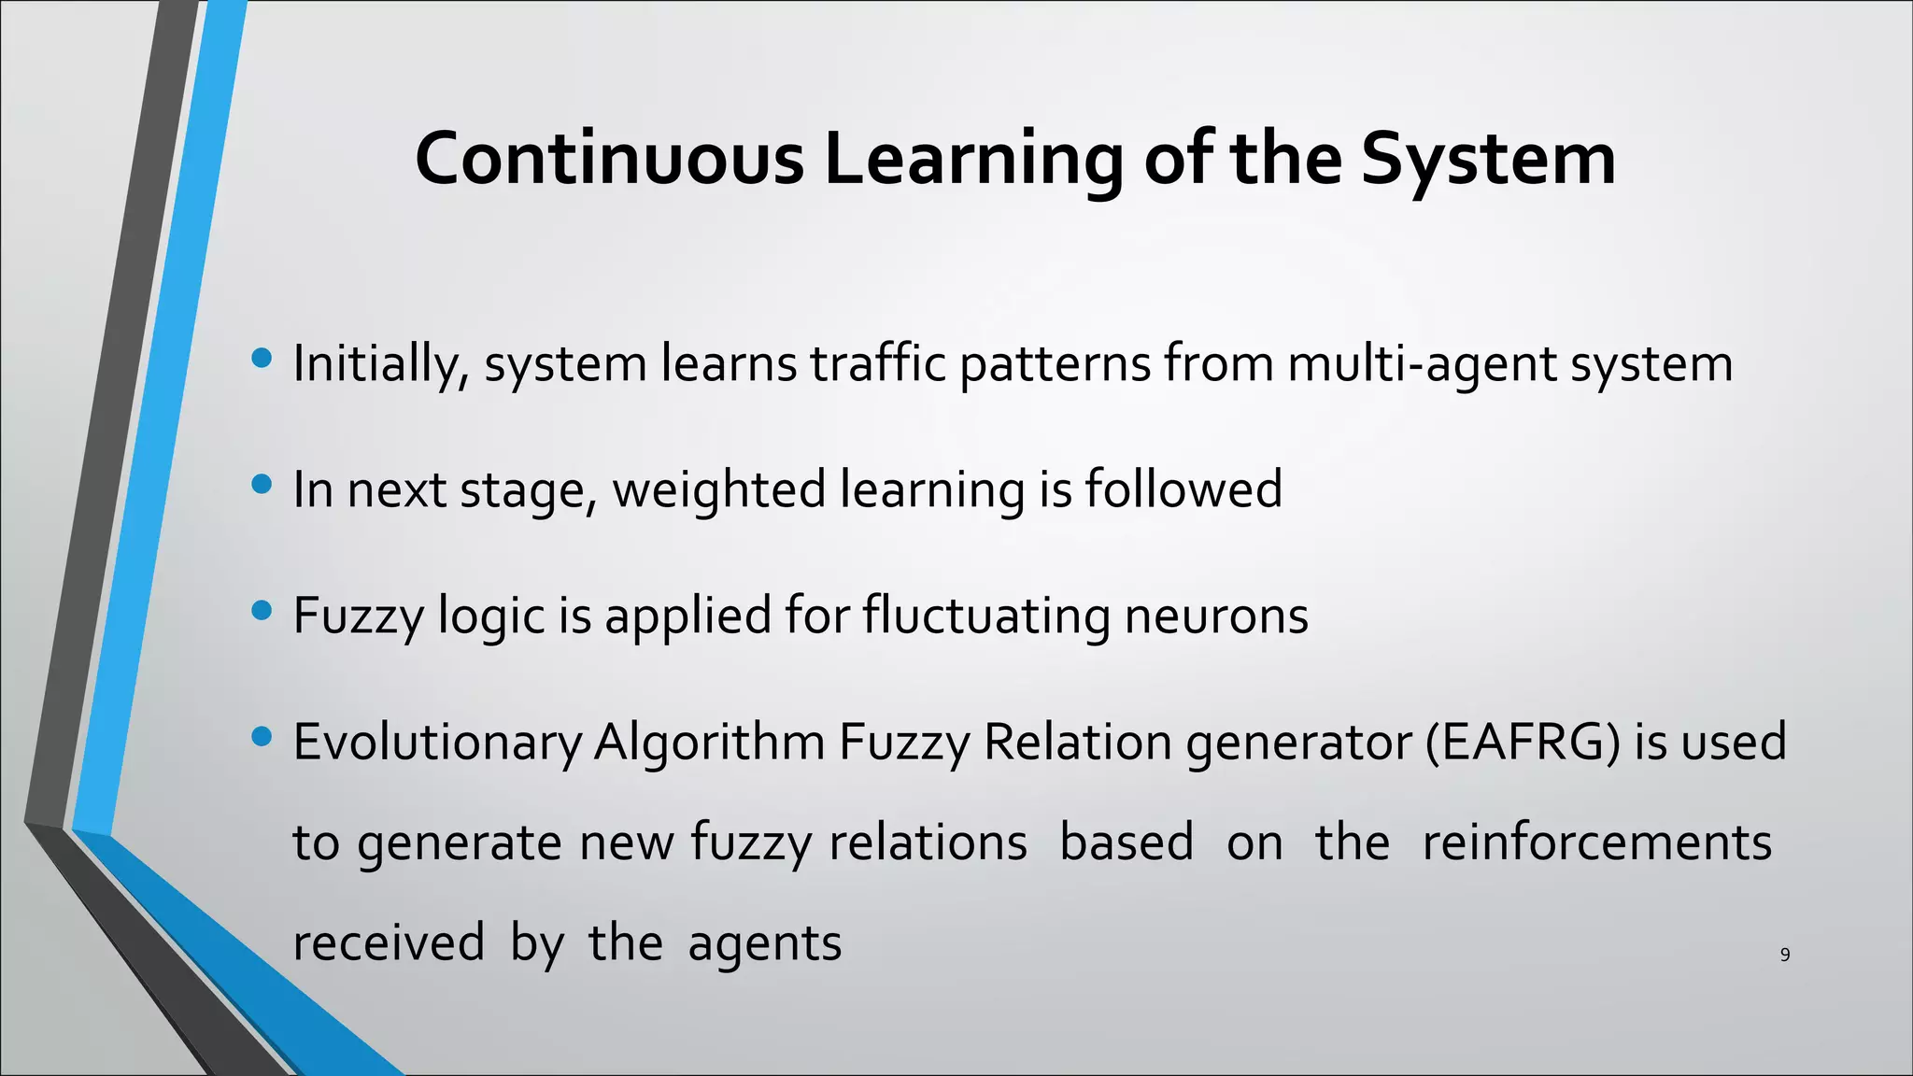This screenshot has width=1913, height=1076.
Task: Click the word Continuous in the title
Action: [x=608, y=159]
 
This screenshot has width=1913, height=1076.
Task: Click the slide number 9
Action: [x=1785, y=955]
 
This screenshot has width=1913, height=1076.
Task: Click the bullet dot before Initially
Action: [x=262, y=358]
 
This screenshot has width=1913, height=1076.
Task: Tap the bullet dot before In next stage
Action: [x=262, y=484]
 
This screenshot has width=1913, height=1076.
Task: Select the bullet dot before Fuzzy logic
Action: [x=262, y=610]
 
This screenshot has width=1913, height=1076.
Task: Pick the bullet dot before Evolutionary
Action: [x=262, y=737]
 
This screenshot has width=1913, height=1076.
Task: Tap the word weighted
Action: [x=718, y=489]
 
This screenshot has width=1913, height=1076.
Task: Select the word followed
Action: [x=1183, y=489]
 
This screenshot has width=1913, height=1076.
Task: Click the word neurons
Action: [x=1215, y=616]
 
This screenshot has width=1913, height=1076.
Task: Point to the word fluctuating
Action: [x=985, y=616]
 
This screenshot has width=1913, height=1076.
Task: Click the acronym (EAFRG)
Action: [x=1523, y=743]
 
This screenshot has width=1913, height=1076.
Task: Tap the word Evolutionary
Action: [x=437, y=743]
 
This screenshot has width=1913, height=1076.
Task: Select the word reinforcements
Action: [x=1596, y=842]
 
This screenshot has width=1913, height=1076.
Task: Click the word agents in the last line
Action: [x=764, y=943]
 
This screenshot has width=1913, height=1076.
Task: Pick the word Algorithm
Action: [x=709, y=743]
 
